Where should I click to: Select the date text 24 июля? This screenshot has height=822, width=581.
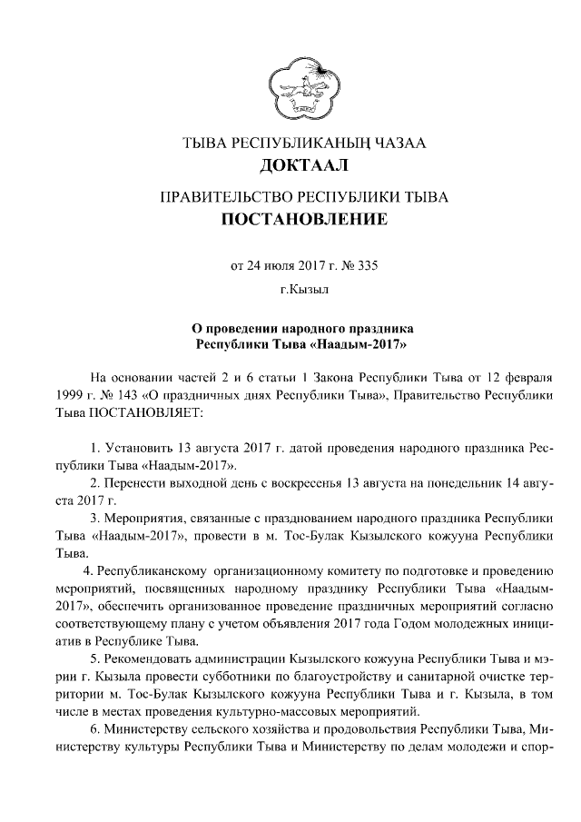(267, 266)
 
